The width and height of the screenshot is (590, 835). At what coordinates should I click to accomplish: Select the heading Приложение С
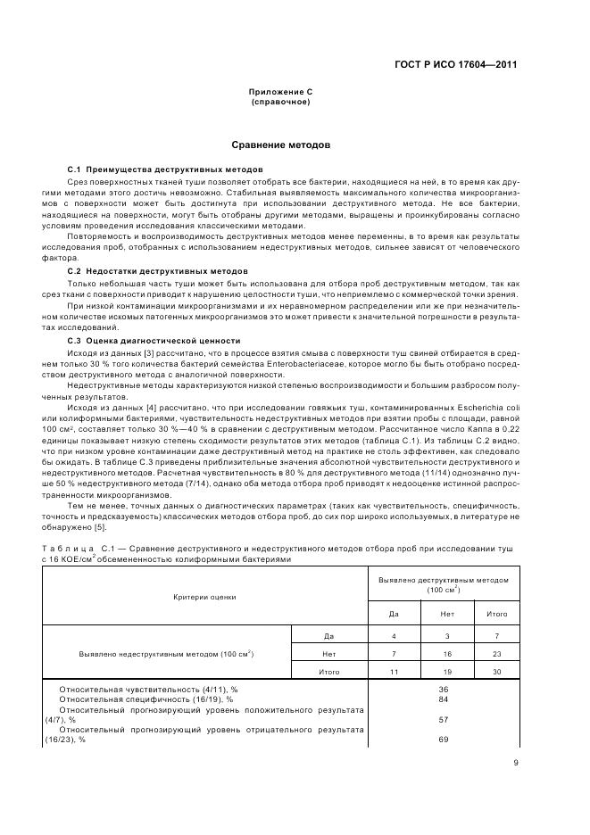pyautogui.click(x=280, y=93)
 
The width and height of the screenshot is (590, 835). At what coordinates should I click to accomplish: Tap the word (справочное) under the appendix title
pyautogui.click(x=280, y=102)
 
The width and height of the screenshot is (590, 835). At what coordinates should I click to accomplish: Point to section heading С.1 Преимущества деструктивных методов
pyautogui.click(x=165, y=169)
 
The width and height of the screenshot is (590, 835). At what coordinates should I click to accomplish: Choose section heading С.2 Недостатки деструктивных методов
pyautogui.click(x=160, y=270)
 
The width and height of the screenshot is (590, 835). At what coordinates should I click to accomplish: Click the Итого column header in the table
pyautogui.click(x=497, y=615)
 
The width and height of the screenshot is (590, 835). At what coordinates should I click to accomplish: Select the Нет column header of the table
pyautogui.click(x=447, y=615)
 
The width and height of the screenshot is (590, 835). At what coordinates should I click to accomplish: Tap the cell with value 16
pyautogui.click(x=447, y=654)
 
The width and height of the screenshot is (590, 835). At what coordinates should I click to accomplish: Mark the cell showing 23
pyautogui.click(x=497, y=654)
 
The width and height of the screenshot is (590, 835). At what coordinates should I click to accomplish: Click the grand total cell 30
pyautogui.click(x=497, y=672)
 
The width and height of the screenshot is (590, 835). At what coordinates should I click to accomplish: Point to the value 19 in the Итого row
pyautogui.click(x=447, y=672)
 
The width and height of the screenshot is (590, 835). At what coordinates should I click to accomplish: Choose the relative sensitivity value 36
pyautogui.click(x=444, y=690)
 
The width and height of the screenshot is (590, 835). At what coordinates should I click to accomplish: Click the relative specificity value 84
pyautogui.click(x=444, y=699)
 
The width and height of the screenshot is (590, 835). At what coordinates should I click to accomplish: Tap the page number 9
pyautogui.click(x=515, y=762)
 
